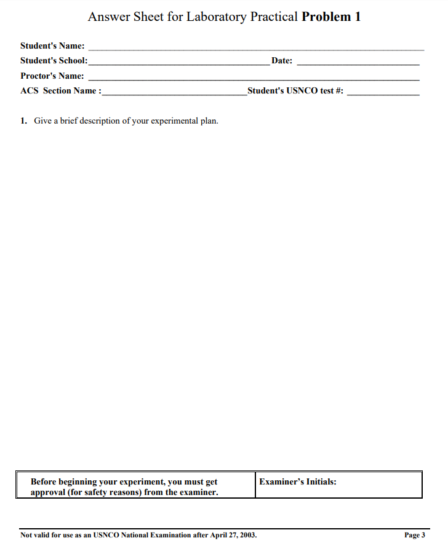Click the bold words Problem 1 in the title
click(331, 17)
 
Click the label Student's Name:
click(52, 46)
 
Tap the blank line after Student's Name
click(256, 49)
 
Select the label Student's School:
click(54, 61)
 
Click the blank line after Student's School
click(178, 64)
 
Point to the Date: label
click(282, 61)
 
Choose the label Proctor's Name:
click(52, 76)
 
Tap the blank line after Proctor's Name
click(254, 79)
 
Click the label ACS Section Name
click(60, 91)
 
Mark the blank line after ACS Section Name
click(175, 94)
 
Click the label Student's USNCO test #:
click(295, 91)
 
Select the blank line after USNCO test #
click(383, 94)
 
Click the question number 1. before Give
click(24, 121)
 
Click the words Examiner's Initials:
click(298, 481)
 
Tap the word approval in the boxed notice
click(47, 493)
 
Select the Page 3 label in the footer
click(414, 535)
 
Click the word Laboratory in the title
click(218, 17)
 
